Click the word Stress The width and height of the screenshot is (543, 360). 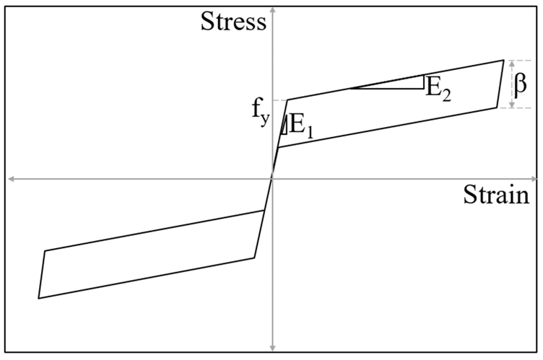[x=233, y=22]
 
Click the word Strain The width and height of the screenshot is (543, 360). [x=496, y=194]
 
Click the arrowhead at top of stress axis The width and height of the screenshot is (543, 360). [x=273, y=7]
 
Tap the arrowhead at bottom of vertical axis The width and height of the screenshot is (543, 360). [x=273, y=348]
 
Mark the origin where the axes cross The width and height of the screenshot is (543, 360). [x=273, y=179]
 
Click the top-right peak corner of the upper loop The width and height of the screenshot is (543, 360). [x=503, y=60]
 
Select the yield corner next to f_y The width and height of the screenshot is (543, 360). [x=287, y=100]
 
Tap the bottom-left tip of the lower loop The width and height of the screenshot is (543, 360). [x=39, y=297]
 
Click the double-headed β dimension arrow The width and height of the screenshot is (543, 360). [x=512, y=84]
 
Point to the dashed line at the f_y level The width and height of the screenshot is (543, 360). [x=279, y=100]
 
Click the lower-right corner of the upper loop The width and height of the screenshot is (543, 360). [x=496, y=107]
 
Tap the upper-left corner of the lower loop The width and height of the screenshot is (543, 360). [x=45, y=251]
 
